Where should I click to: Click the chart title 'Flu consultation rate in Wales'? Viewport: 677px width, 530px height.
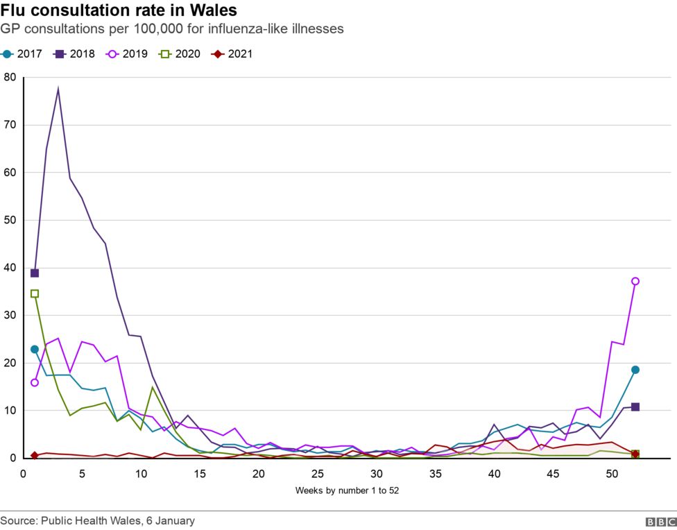(119, 11)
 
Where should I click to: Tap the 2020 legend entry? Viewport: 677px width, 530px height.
(180, 53)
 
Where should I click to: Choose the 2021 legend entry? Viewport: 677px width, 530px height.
(232, 53)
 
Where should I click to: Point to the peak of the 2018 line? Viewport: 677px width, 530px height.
(58, 89)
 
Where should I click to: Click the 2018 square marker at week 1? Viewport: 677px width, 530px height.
(35, 273)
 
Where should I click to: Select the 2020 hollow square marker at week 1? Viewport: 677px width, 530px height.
(35, 293)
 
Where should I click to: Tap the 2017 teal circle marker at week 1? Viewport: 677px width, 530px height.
(35, 349)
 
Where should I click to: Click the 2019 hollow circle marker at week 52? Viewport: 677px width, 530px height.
(635, 281)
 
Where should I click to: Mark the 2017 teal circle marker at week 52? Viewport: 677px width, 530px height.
(635, 370)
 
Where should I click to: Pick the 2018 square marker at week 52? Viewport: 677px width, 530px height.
(635, 407)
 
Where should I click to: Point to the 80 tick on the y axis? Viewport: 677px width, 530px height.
(9, 77)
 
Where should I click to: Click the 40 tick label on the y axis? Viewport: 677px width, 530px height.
(9, 268)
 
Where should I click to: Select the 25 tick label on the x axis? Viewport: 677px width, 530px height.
(318, 473)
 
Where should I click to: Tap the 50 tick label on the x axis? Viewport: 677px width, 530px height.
(612, 473)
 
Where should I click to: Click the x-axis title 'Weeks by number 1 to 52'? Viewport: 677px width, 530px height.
(347, 490)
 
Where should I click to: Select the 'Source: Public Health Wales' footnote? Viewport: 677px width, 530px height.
(97, 520)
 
